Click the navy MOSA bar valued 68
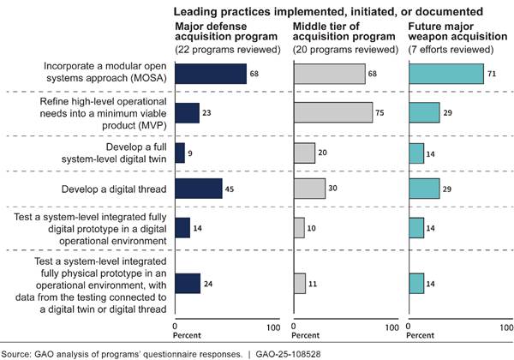[x=211, y=74]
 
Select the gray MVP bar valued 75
[x=333, y=113]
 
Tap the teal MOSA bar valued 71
[x=446, y=74]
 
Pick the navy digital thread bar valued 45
[x=199, y=189]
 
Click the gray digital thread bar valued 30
[x=309, y=189]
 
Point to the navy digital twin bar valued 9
[x=180, y=153]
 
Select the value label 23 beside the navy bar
[x=208, y=113]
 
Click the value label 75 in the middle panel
[x=381, y=113]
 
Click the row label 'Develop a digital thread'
[x=115, y=189]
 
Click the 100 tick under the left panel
[x=273, y=327]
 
